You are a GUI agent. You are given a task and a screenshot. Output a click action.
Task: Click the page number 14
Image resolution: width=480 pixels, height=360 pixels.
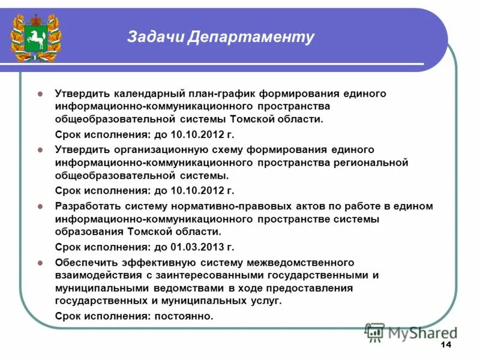click(x=446, y=344)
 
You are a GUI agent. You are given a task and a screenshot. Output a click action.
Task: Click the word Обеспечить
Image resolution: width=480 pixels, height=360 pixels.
click(x=84, y=262)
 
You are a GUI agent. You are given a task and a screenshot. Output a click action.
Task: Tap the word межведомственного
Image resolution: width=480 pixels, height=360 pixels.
click(x=301, y=262)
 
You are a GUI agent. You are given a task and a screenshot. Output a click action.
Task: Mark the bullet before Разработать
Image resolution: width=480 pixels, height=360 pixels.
click(x=40, y=206)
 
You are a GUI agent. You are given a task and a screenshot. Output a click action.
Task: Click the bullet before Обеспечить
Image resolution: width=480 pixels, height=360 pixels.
click(x=40, y=262)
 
